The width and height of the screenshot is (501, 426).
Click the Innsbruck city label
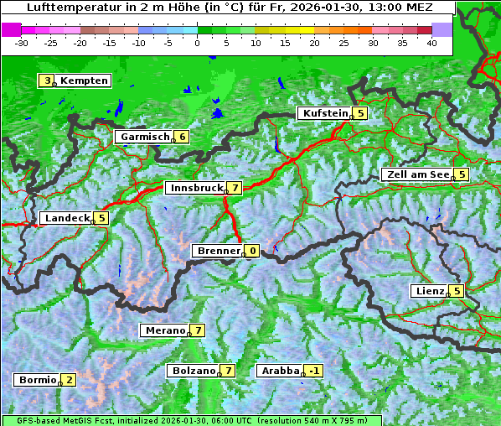pyautogui.click(x=195, y=188)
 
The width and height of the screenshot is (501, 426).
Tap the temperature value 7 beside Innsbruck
pyautogui.click(x=235, y=188)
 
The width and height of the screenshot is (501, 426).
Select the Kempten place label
pyautogui.click(x=84, y=81)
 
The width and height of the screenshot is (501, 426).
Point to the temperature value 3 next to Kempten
pyautogui.click(x=47, y=81)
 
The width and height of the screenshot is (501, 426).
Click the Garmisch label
pyautogui.click(x=143, y=137)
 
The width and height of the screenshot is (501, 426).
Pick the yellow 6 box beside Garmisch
pyautogui.click(x=181, y=137)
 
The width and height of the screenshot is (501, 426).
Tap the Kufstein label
pyautogui.click(x=324, y=113)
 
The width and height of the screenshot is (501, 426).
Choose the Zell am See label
pyautogui.click(x=416, y=174)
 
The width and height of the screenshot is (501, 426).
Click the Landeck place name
pyautogui.click(x=66, y=218)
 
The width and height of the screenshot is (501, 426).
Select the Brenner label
pyautogui.click(x=218, y=251)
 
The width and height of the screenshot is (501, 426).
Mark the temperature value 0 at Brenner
pyautogui.click(x=251, y=251)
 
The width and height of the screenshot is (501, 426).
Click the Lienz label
pyautogui.click(x=429, y=291)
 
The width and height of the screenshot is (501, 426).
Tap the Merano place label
pyautogui.click(x=163, y=330)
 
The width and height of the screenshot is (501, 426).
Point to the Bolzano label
pyautogui.click(x=193, y=371)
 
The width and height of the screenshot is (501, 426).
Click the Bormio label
pyautogui.click(x=37, y=380)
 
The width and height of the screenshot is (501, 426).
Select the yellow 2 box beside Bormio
pyautogui.click(x=68, y=380)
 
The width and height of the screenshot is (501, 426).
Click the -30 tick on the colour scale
pyautogui.click(x=22, y=43)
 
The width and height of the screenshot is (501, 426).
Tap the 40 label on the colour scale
pyautogui.click(x=431, y=43)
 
